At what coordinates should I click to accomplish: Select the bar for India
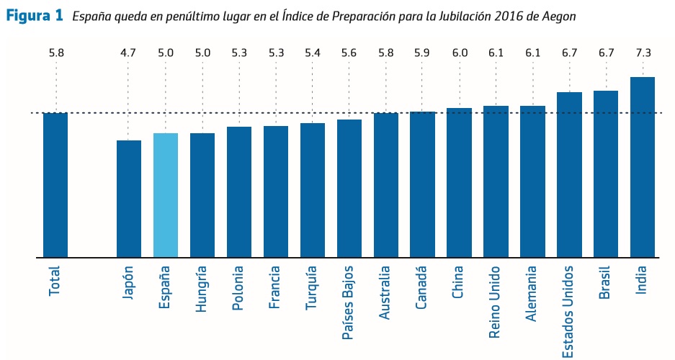coord(642,166)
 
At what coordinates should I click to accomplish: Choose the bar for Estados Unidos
coord(569,174)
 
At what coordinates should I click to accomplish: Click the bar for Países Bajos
coord(349,188)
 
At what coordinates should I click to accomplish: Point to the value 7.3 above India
coord(642,53)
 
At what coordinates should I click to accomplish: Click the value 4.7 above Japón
coord(129,53)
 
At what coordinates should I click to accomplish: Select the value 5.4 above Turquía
coord(312,53)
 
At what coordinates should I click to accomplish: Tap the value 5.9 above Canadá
coord(422,53)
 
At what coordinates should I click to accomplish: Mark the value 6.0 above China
coord(459,53)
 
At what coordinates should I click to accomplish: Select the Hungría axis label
coord(202,288)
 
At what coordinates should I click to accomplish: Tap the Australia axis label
coord(385,291)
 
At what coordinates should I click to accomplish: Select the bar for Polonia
coord(239,192)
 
